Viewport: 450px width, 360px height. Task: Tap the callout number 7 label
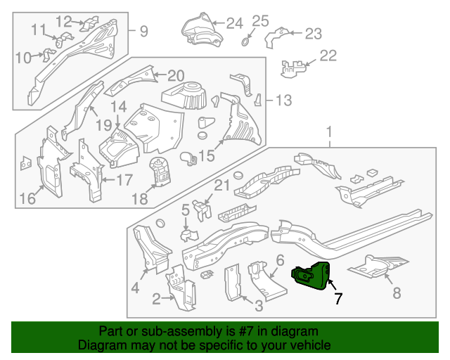tap(338, 298)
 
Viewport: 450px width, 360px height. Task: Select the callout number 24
tap(234, 23)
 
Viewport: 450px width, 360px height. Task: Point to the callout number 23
tap(312, 33)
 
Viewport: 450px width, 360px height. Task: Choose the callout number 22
tap(328, 56)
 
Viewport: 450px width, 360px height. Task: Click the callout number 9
tap(143, 31)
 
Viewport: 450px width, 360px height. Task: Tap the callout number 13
tap(283, 101)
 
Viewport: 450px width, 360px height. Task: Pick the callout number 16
tap(27, 199)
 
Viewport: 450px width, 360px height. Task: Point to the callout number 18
tap(140, 199)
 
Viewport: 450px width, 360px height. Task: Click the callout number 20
tap(175, 75)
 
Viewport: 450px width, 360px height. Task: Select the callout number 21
tap(222, 186)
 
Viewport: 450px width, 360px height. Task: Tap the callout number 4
tap(135, 287)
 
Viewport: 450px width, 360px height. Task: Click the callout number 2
tap(156, 300)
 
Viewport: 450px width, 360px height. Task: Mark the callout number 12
tap(64, 20)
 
